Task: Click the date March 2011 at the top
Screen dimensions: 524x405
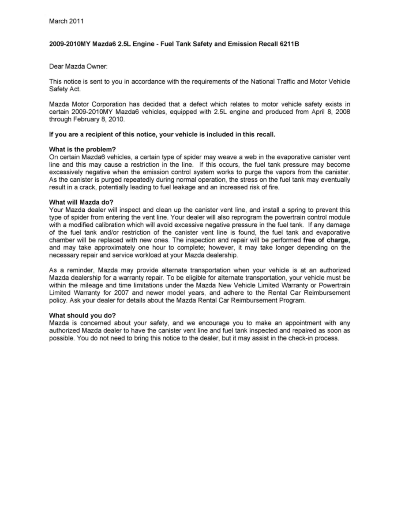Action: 66,21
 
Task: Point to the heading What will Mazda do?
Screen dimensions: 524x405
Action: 82,203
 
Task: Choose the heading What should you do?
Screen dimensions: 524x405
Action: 82,315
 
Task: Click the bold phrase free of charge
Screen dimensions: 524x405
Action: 327,240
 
